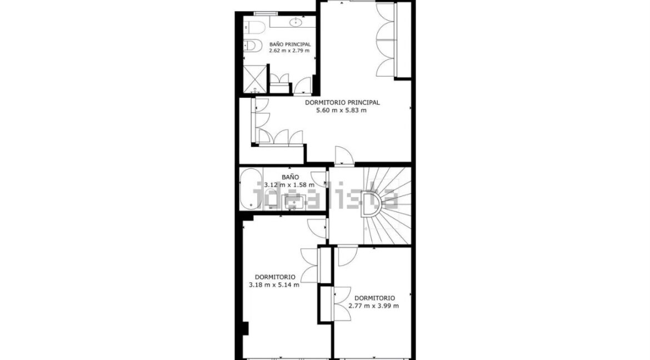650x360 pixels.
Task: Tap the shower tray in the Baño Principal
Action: [255, 79]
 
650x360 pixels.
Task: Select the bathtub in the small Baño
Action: [251, 189]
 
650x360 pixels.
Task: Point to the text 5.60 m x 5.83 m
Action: [342, 111]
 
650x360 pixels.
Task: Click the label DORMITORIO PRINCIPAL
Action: [342, 102]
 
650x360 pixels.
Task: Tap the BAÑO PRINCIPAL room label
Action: [290, 44]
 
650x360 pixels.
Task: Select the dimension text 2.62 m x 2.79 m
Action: [289, 51]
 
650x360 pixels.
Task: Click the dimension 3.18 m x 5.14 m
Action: [274, 285]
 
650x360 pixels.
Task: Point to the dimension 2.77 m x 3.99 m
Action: [373, 306]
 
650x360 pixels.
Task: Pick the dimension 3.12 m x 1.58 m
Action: [289, 185]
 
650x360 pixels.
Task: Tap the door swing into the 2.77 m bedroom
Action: [347, 256]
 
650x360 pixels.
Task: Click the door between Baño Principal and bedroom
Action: [303, 85]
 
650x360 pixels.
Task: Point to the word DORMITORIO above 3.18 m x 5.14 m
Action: [275, 277]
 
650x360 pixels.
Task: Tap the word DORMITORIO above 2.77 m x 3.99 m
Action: [374, 298]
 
